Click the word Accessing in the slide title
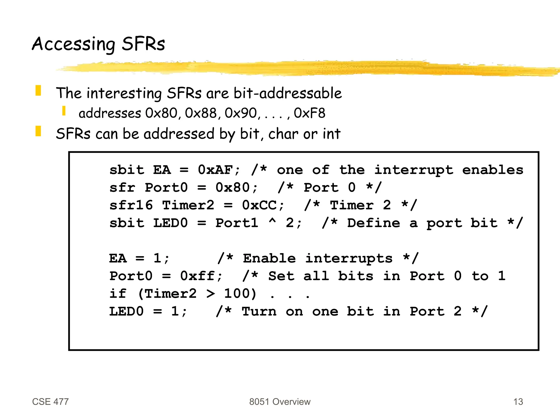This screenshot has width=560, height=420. tap(73, 44)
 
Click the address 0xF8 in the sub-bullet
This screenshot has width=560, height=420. tap(310, 113)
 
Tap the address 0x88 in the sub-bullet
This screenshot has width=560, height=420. tap(201, 113)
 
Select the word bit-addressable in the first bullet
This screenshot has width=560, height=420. tap(288, 93)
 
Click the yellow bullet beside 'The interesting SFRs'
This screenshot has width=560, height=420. tap(38, 91)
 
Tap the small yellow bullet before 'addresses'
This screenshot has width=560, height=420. tap(64, 111)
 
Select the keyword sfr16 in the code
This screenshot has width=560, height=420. tap(131, 205)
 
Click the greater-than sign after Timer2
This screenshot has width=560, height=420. tap(211, 294)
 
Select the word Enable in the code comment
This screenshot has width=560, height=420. tap(269, 258)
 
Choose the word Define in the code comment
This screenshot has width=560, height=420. tap(374, 223)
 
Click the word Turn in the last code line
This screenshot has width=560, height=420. tap(259, 311)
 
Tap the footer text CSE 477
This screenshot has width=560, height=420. tap(50, 402)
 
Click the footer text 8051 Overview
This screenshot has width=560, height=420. tap(280, 402)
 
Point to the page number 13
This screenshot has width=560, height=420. tap(518, 402)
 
